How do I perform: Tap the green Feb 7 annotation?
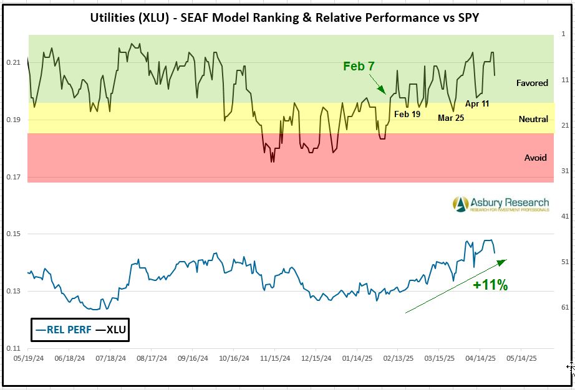click(x=359, y=67)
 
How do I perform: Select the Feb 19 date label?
click(x=408, y=114)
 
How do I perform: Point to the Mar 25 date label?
click(x=451, y=117)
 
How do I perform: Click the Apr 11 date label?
click(x=477, y=103)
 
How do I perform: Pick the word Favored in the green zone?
click(x=532, y=83)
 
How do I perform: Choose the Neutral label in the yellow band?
click(x=533, y=119)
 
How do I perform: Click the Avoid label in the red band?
click(x=535, y=158)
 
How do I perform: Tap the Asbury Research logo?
click(x=501, y=204)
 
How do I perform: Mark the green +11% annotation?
click(x=490, y=285)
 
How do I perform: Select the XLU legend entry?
click(x=112, y=330)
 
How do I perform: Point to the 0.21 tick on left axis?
click(x=14, y=62)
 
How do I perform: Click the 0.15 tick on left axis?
click(x=14, y=234)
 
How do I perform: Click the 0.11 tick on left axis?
click(x=14, y=348)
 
